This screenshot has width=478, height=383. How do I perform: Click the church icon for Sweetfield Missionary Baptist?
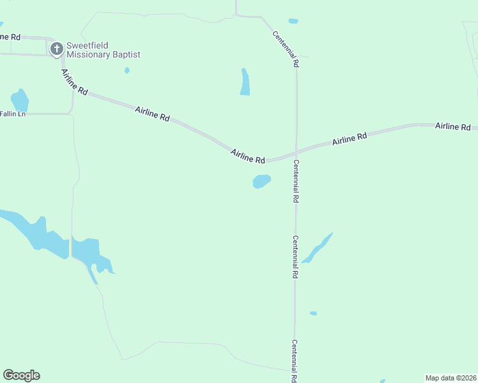click(x=56, y=49)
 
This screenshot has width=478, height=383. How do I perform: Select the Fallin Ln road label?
click(x=13, y=114)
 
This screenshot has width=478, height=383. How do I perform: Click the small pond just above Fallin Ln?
click(x=20, y=100)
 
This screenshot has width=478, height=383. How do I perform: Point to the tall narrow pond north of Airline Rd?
click(x=245, y=82)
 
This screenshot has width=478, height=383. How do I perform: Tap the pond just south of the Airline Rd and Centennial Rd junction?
click(x=261, y=182)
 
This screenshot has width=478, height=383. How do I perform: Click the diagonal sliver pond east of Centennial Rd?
click(x=318, y=248)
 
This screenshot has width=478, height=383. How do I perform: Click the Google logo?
click(x=21, y=375)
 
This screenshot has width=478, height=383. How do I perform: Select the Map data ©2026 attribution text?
click(x=450, y=378)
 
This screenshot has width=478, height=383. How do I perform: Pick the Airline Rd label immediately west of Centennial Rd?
click(x=248, y=156)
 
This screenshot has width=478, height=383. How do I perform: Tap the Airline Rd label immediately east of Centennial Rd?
click(x=349, y=139)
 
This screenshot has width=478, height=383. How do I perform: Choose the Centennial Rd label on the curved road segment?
click(x=285, y=49)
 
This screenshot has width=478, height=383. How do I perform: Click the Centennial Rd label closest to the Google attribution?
click(x=295, y=361)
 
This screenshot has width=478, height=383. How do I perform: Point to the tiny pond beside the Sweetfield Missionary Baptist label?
click(x=127, y=70)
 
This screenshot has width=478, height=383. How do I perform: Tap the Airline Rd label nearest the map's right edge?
click(x=453, y=126)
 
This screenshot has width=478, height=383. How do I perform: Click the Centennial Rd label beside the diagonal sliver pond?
click(x=295, y=257)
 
